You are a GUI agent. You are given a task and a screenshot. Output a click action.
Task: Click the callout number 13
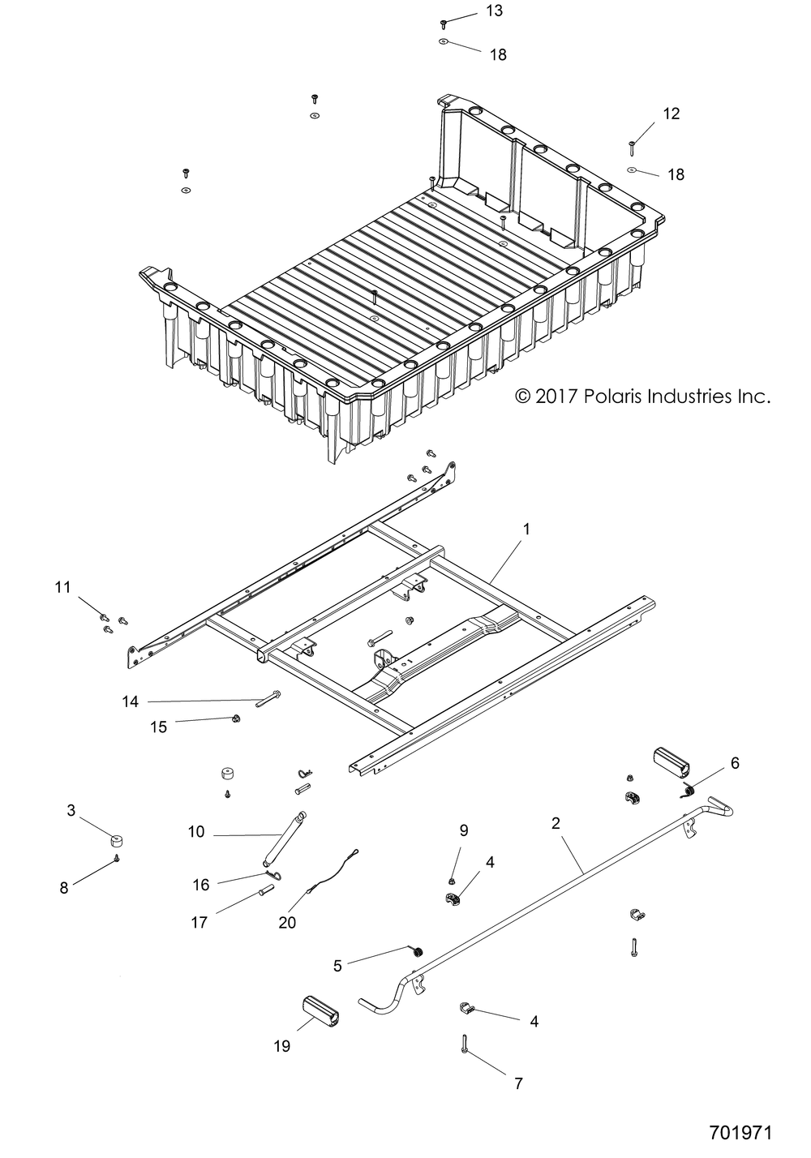pos(494,11)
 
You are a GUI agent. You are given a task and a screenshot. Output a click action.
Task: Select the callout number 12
pos(672,114)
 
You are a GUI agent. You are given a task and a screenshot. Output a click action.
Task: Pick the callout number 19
pos(281,1046)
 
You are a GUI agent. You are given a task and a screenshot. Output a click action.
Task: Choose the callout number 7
pos(518,1083)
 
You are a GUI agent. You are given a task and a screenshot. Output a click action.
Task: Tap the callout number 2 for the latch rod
pos(556,824)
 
